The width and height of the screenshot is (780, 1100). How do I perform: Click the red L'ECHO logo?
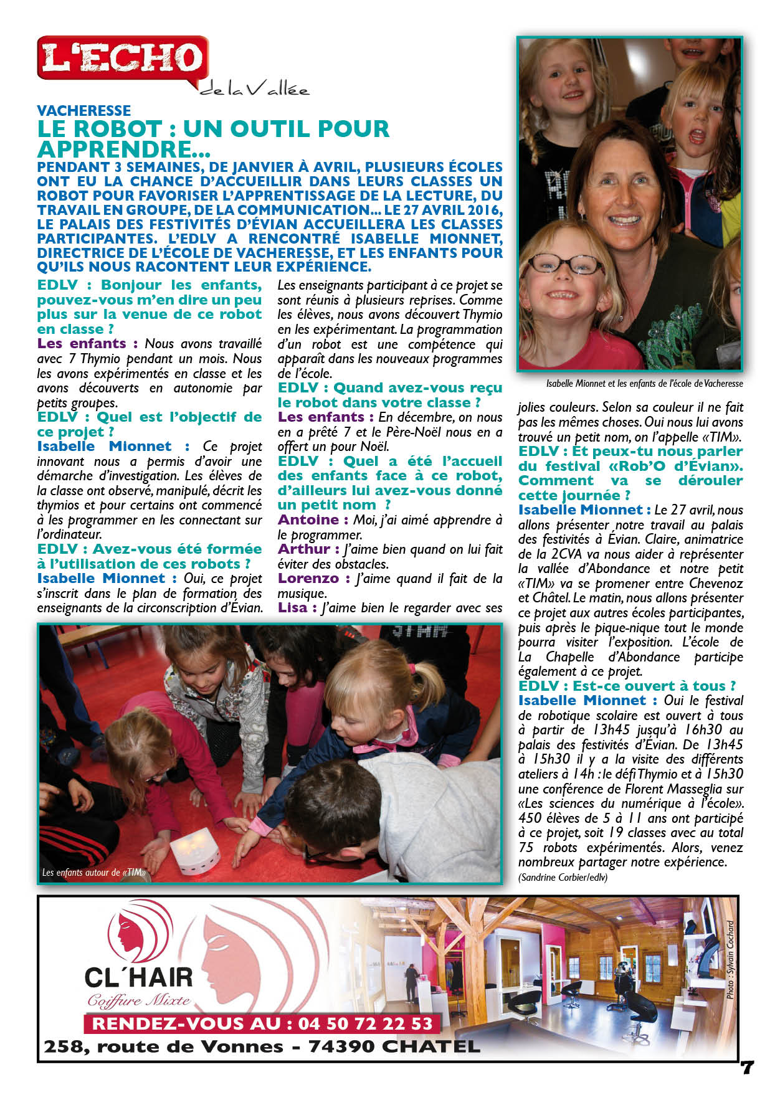point(123,57)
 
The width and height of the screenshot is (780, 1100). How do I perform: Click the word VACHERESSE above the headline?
point(83,111)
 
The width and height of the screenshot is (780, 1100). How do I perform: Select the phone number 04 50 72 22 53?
point(364,1023)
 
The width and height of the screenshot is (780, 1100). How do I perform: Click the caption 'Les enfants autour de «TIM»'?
point(93,873)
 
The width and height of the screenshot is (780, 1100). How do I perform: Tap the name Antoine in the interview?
point(308,520)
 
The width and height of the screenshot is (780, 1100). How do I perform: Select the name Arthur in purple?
point(303,549)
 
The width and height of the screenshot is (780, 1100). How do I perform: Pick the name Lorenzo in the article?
point(308,579)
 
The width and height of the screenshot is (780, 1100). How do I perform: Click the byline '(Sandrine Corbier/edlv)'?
point(562,877)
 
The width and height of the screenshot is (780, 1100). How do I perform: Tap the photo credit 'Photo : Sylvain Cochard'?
point(730,960)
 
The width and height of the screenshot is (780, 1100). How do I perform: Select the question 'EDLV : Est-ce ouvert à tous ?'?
point(626,686)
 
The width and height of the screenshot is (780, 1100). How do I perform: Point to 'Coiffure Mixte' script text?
point(138,1001)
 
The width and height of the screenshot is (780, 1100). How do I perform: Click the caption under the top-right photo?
point(644,384)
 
